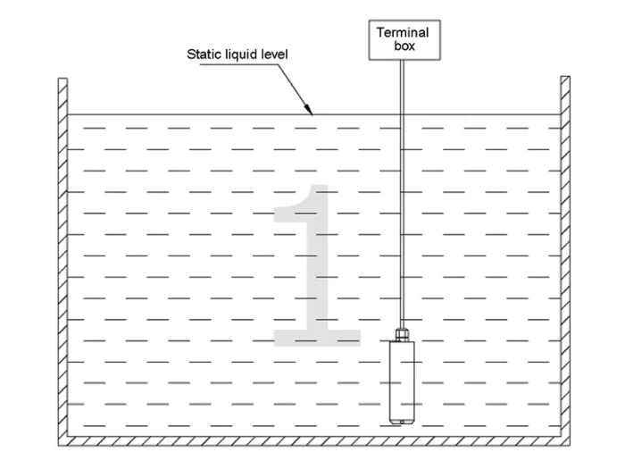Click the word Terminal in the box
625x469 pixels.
pos(403,32)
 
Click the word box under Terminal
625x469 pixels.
pos(404,46)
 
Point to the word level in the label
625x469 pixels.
pos(274,54)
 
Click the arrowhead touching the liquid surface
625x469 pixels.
pos(309,108)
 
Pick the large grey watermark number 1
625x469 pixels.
pos(317,265)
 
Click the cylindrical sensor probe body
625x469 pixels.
pos(402,382)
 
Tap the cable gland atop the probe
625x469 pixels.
pos(402,334)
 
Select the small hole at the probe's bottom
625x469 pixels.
pos(402,422)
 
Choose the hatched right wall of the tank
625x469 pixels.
pos(565,256)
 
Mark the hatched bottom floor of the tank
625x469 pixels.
pos(314,441)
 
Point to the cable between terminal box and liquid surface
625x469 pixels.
pos(402,88)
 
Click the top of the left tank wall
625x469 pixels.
pos(63,79)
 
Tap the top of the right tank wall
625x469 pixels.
pos(565,77)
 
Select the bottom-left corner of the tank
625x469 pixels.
pos(59,446)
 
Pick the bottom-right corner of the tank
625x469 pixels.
pos(570,446)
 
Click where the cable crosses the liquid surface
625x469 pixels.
pos(402,115)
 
